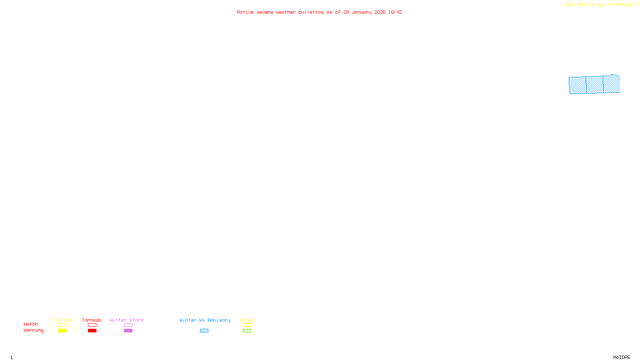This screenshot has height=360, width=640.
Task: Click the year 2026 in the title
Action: [x=380, y=12]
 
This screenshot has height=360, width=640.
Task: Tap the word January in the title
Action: [x=361, y=12]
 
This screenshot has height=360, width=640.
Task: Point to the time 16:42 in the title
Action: [x=395, y=12]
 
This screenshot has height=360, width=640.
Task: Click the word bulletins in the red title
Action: [x=311, y=12]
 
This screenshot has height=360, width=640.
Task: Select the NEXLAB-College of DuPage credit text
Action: [x=600, y=4]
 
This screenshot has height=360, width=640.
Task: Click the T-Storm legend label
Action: [x=62, y=320]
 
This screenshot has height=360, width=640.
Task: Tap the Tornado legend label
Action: [x=92, y=320]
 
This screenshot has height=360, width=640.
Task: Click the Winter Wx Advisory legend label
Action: [x=205, y=320]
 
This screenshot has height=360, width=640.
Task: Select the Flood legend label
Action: [x=247, y=320]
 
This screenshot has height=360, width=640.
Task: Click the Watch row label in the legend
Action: [x=31, y=324]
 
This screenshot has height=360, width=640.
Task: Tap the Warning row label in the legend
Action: [x=33, y=330]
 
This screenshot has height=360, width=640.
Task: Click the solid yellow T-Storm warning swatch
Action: [x=62, y=331]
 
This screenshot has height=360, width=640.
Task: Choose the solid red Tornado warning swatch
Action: [x=92, y=331]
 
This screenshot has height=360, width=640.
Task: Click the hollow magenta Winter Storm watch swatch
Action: [x=128, y=325]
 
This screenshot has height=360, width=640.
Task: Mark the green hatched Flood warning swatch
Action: [x=247, y=331]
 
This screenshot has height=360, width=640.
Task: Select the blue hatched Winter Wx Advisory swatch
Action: [x=204, y=331]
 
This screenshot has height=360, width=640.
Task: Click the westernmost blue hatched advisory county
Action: [x=578, y=85]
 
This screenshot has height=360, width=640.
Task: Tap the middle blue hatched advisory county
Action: [x=595, y=85]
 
